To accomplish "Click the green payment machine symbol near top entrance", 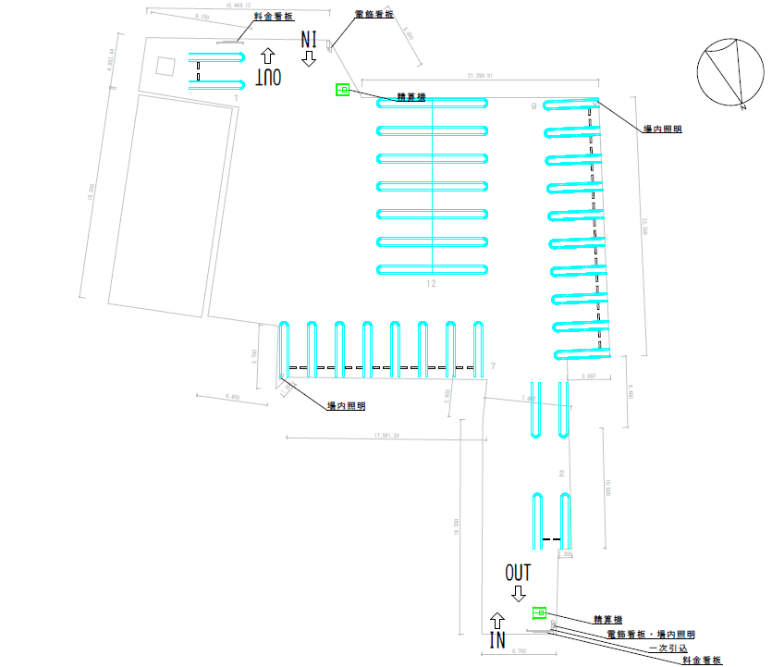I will pyautogui.click(x=342, y=90).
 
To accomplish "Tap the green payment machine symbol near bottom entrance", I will pyautogui.click(x=540, y=612).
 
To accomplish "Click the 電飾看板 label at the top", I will pyautogui.click(x=374, y=16).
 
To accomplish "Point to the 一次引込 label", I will pyautogui.click(x=667, y=648).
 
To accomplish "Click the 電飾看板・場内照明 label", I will pyautogui.click(x=650, y=635).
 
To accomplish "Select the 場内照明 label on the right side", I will pyautogui.click(x=663, y=130).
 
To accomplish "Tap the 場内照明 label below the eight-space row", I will pyautogui.click(x=346, y=406).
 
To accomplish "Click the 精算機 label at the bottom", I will pyautogui.click(x=609, y=620).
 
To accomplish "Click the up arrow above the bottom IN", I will pyautogui.click(x=497, y=619).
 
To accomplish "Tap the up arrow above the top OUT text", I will pyautogui.click(x=268, y=56).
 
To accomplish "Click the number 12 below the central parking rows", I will pyautogui.click(x=431, y=284).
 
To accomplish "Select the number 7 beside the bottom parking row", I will pyautogui.click(x=494, y=367).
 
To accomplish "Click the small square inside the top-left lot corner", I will pyautogui.click(x=165, y=66).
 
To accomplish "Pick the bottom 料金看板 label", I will pyautogui.click(x=699, y=660).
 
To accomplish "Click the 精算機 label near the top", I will pyautogui.click(x=411, y=95).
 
